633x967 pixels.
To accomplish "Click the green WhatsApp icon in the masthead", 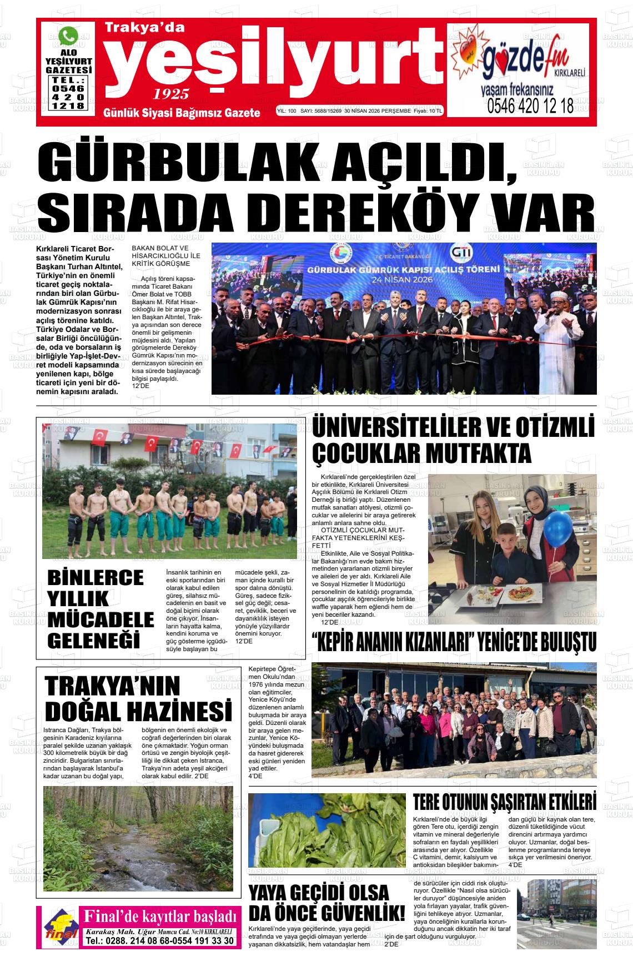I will (69, 37).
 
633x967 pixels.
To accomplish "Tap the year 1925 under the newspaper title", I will (171, 94).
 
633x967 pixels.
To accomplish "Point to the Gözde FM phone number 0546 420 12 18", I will (530, 106).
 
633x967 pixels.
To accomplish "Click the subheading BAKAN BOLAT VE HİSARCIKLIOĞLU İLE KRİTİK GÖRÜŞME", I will (165, 255).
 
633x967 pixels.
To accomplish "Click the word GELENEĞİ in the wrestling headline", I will (93, 640).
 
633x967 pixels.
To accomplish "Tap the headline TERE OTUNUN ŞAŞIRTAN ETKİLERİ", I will (504, 803).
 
